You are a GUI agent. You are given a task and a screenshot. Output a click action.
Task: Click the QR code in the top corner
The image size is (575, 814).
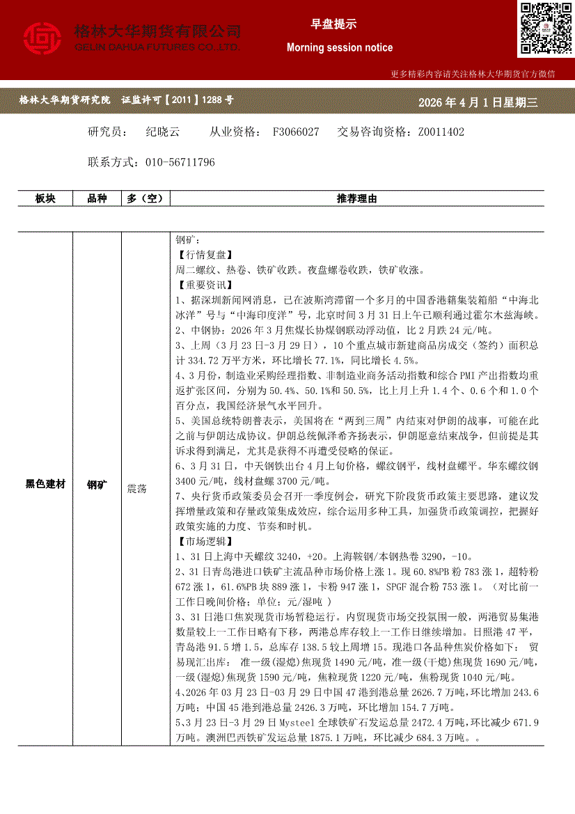(x=546, y=29)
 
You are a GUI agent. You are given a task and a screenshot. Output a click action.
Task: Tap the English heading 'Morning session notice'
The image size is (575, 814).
(x=340, y=48)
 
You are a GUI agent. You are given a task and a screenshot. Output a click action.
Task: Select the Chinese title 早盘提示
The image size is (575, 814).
(x=333, y=24)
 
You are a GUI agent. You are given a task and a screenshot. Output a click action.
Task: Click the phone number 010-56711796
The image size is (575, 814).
(x=180, y=162)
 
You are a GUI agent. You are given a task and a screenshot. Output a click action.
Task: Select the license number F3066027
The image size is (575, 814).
(x=296, y=132)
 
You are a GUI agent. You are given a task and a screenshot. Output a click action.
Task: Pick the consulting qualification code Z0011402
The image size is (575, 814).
(x=441, y=132)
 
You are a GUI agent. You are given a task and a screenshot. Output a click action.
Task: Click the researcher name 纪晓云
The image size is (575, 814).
(x=163, y=132)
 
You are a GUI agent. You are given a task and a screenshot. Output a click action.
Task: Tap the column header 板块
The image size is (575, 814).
(x=45, y=198)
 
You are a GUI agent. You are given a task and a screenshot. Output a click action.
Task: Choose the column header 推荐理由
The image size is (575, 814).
(x=356, y=198)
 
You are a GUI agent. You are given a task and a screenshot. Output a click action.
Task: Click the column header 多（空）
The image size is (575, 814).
(x=145, y=198)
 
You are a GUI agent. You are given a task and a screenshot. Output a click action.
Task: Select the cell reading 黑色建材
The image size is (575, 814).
(x=45, y=483)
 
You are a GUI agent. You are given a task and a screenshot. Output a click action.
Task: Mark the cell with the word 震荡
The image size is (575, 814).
(x=136, y=489)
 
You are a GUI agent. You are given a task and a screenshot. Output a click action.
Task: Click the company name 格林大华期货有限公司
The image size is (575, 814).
(x=157, y=31)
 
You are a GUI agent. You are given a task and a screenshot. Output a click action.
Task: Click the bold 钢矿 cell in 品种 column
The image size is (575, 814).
(x=97, y=483)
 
